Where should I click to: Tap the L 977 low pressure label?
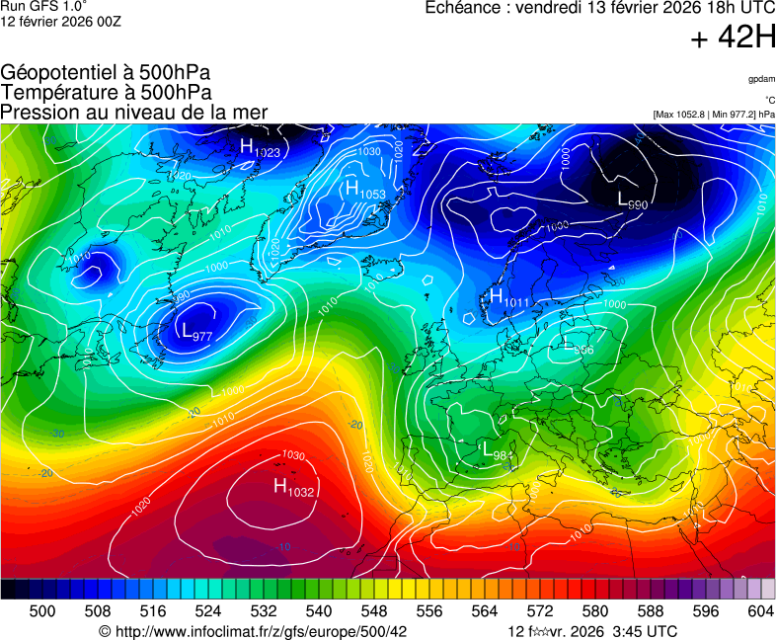(x=196, y=332)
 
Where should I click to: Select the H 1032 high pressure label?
(x=293, y=487)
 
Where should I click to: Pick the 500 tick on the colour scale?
(x=42, y=611)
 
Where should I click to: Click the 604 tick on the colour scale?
(x=759, y=611)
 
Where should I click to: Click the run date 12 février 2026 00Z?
(x=60, y=22)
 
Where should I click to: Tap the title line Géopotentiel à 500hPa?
(x=106, y=73)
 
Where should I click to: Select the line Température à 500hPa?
(x=106, y=92)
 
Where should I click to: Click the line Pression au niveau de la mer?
(x=134, y=112)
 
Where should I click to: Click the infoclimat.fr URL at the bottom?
(x=253, y=631)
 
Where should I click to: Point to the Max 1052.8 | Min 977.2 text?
(x=714, y=115)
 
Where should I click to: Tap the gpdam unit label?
(x=761, y=78)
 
